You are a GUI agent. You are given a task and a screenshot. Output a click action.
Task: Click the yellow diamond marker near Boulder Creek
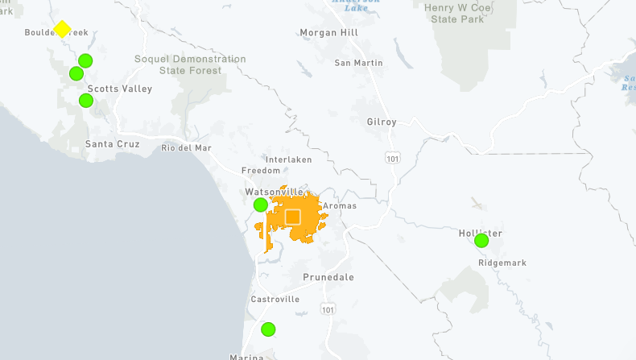pos(62,29)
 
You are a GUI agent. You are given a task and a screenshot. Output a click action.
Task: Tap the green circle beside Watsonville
pos(260,205)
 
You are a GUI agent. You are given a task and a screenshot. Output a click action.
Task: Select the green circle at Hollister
pos(481,240)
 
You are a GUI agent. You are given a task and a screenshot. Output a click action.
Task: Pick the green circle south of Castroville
pos(268,329)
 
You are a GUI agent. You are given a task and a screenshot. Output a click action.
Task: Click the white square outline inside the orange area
pos(292,217)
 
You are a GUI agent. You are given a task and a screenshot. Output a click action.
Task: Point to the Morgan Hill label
pos(328,33)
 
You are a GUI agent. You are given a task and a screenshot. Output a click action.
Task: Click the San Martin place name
pos(358,63)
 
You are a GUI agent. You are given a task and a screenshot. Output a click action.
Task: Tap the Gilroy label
pos(382,122)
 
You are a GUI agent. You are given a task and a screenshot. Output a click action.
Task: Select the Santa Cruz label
pos(113,144)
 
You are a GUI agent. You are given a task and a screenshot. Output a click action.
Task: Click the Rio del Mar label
pos(186,147)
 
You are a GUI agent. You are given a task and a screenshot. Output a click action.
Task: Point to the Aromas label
pos(339,206)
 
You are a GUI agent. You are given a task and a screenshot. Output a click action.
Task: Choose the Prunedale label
pos(328,277)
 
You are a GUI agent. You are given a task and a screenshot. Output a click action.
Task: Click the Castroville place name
pos(275,299)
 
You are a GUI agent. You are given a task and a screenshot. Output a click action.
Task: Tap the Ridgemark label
pos(502,263)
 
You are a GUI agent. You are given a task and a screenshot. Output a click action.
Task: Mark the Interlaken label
pos(287,159)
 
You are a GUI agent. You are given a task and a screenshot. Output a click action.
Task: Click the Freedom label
pos(261,171)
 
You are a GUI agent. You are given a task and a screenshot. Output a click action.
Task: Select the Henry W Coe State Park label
pos(460,13)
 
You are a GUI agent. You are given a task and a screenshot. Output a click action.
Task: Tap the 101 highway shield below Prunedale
pos(326,309)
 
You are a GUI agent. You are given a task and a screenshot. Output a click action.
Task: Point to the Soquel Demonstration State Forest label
pos(190,64)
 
